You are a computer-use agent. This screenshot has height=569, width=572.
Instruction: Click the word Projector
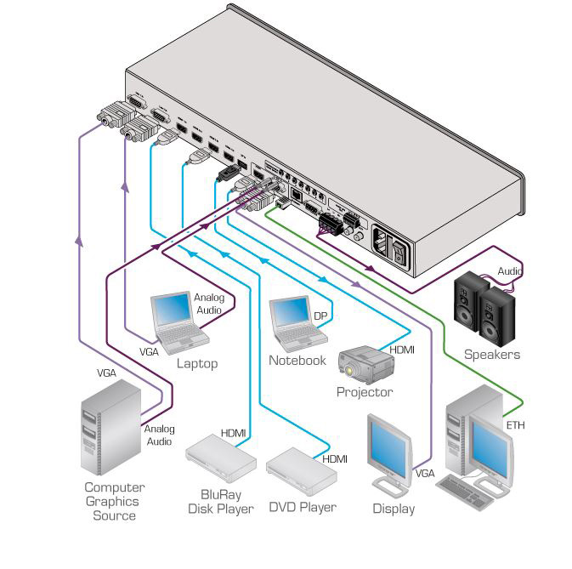tap(365, 392)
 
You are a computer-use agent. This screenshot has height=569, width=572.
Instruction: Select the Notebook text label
tap(297, 361)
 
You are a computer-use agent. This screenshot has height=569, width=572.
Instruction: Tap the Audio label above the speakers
tap(510, 272)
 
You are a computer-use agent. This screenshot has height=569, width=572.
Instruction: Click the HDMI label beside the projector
tap(402, 350)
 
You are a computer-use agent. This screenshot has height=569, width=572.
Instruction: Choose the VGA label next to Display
tap(425, 470)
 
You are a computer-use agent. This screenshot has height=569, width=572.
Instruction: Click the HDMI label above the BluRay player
tap(233, 433)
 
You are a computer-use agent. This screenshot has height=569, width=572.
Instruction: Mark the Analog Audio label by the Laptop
tap(208, 304)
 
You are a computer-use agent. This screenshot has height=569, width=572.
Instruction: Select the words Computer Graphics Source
tap(114, 501)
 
